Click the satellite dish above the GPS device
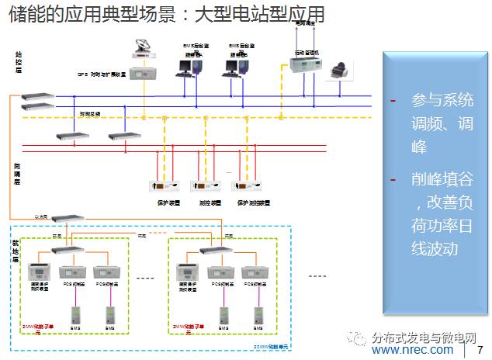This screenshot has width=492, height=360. tap(142, 55)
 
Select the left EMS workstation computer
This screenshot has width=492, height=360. tap(189, 67)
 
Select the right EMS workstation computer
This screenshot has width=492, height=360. tap(234, 67)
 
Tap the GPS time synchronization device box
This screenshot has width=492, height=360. tap(143, 74)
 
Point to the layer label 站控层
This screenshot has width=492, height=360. tap(18, 64)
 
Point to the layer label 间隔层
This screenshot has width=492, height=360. tap(17, 172)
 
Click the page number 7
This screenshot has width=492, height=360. tap(479, 351)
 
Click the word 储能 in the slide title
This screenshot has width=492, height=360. tap(24, 15)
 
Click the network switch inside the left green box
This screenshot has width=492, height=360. tap(68, 249)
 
